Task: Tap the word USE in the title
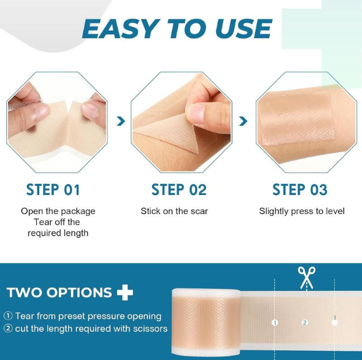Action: (x=243, y=29)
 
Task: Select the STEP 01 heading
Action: (x=53, y=190)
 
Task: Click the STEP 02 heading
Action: (x=179, y=190)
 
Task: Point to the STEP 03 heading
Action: (x=300, y=190)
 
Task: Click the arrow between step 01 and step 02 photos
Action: (x=121, y=121)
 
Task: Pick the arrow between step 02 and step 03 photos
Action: (x=244, y=121)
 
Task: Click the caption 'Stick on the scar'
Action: (x=174, y=211)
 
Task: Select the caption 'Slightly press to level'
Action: (x=302, y=211)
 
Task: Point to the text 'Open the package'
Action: (x=58, y=211)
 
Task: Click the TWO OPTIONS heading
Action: (x=60, y=293)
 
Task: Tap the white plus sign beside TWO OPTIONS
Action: (x=125, y=293)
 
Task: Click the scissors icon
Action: (x=306, y=277)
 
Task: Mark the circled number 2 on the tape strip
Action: (x=305, y=323)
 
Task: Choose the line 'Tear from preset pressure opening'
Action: (x=83, y=316)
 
